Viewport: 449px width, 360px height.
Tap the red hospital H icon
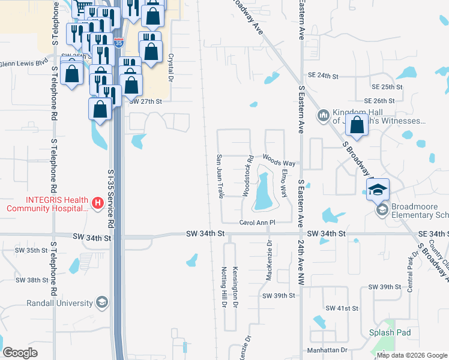coord(98,204)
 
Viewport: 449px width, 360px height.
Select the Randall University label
coord(58,302)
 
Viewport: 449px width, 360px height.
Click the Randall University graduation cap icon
coord(102,302)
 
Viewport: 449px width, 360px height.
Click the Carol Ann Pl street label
coord(257,223)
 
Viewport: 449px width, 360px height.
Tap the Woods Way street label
coord(279,163)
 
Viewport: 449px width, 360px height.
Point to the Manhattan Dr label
coord(327,350)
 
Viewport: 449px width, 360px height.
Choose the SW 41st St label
coord(342,308)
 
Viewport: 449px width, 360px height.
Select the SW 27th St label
coord(146,101)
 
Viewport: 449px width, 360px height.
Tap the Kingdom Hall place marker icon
coord(323,114)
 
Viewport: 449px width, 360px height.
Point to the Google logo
coord(20,353)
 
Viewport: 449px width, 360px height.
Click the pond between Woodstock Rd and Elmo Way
coord(263,191)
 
